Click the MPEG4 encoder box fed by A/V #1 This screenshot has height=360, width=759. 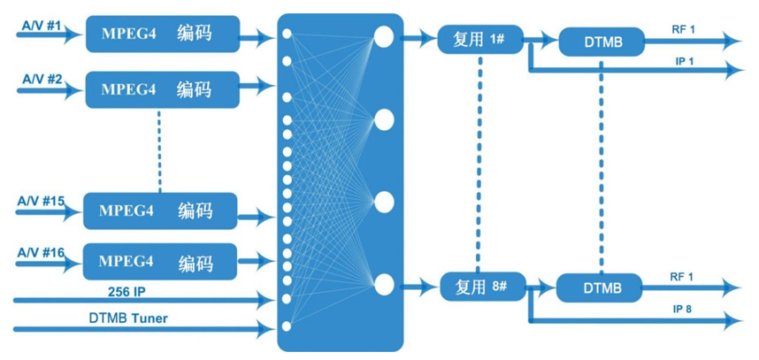coord(163,35)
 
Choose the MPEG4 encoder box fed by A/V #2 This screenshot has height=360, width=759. coord(163,89)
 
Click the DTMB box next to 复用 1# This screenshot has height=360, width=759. coord(602,40)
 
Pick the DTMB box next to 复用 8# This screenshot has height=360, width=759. coord(602,287)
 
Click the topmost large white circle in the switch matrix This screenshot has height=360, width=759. coord(384,35)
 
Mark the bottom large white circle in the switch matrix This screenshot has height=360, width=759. coord(384,285)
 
